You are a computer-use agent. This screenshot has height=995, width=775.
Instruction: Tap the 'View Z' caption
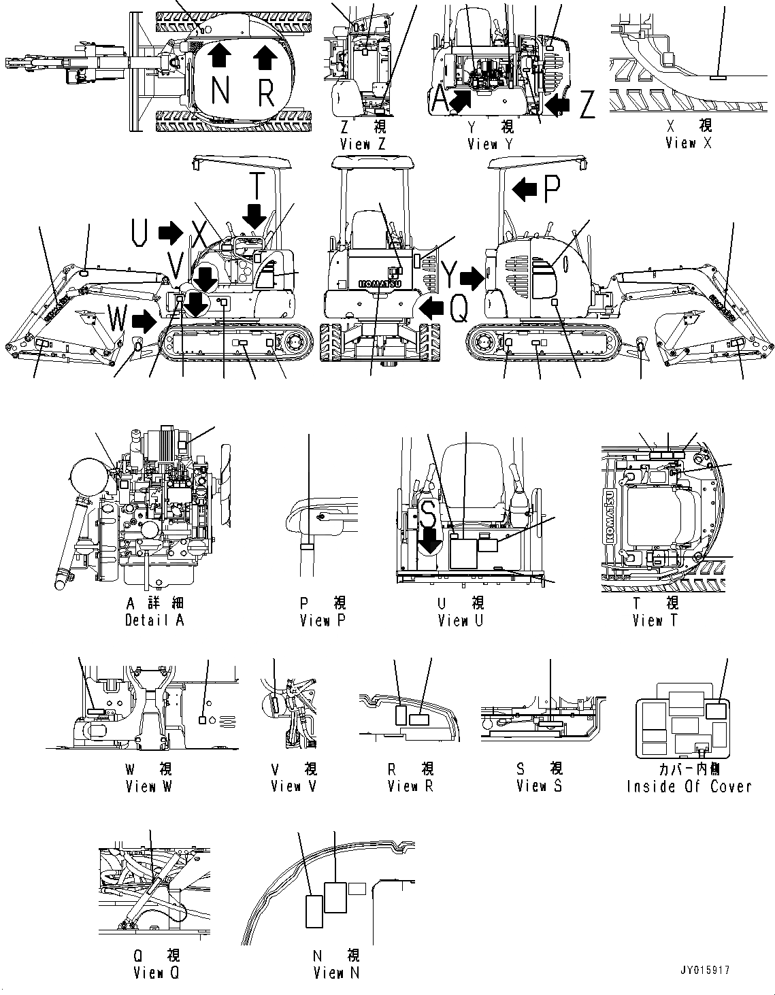click(x=363, y=144)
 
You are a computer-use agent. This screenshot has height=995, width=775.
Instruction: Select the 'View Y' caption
click(x=491, y=144)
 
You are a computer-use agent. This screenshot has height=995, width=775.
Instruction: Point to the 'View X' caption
click(x=689, y=143)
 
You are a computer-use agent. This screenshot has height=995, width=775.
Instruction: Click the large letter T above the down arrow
click(x=254, y=185)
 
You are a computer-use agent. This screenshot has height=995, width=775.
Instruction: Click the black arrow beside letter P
click(x=525, y=190)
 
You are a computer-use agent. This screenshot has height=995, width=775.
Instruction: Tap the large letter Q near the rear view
click(x=460, y=311)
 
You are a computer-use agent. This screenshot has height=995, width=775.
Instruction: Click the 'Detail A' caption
click(x=154, y=620)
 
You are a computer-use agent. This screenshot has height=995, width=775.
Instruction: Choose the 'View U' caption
click(x=461, y=620)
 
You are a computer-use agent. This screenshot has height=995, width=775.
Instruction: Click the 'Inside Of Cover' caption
click(x=689, y=786)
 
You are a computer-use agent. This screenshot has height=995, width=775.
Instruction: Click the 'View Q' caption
click(x=156, y=973)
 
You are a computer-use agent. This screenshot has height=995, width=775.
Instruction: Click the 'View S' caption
click(x=540, y=786)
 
